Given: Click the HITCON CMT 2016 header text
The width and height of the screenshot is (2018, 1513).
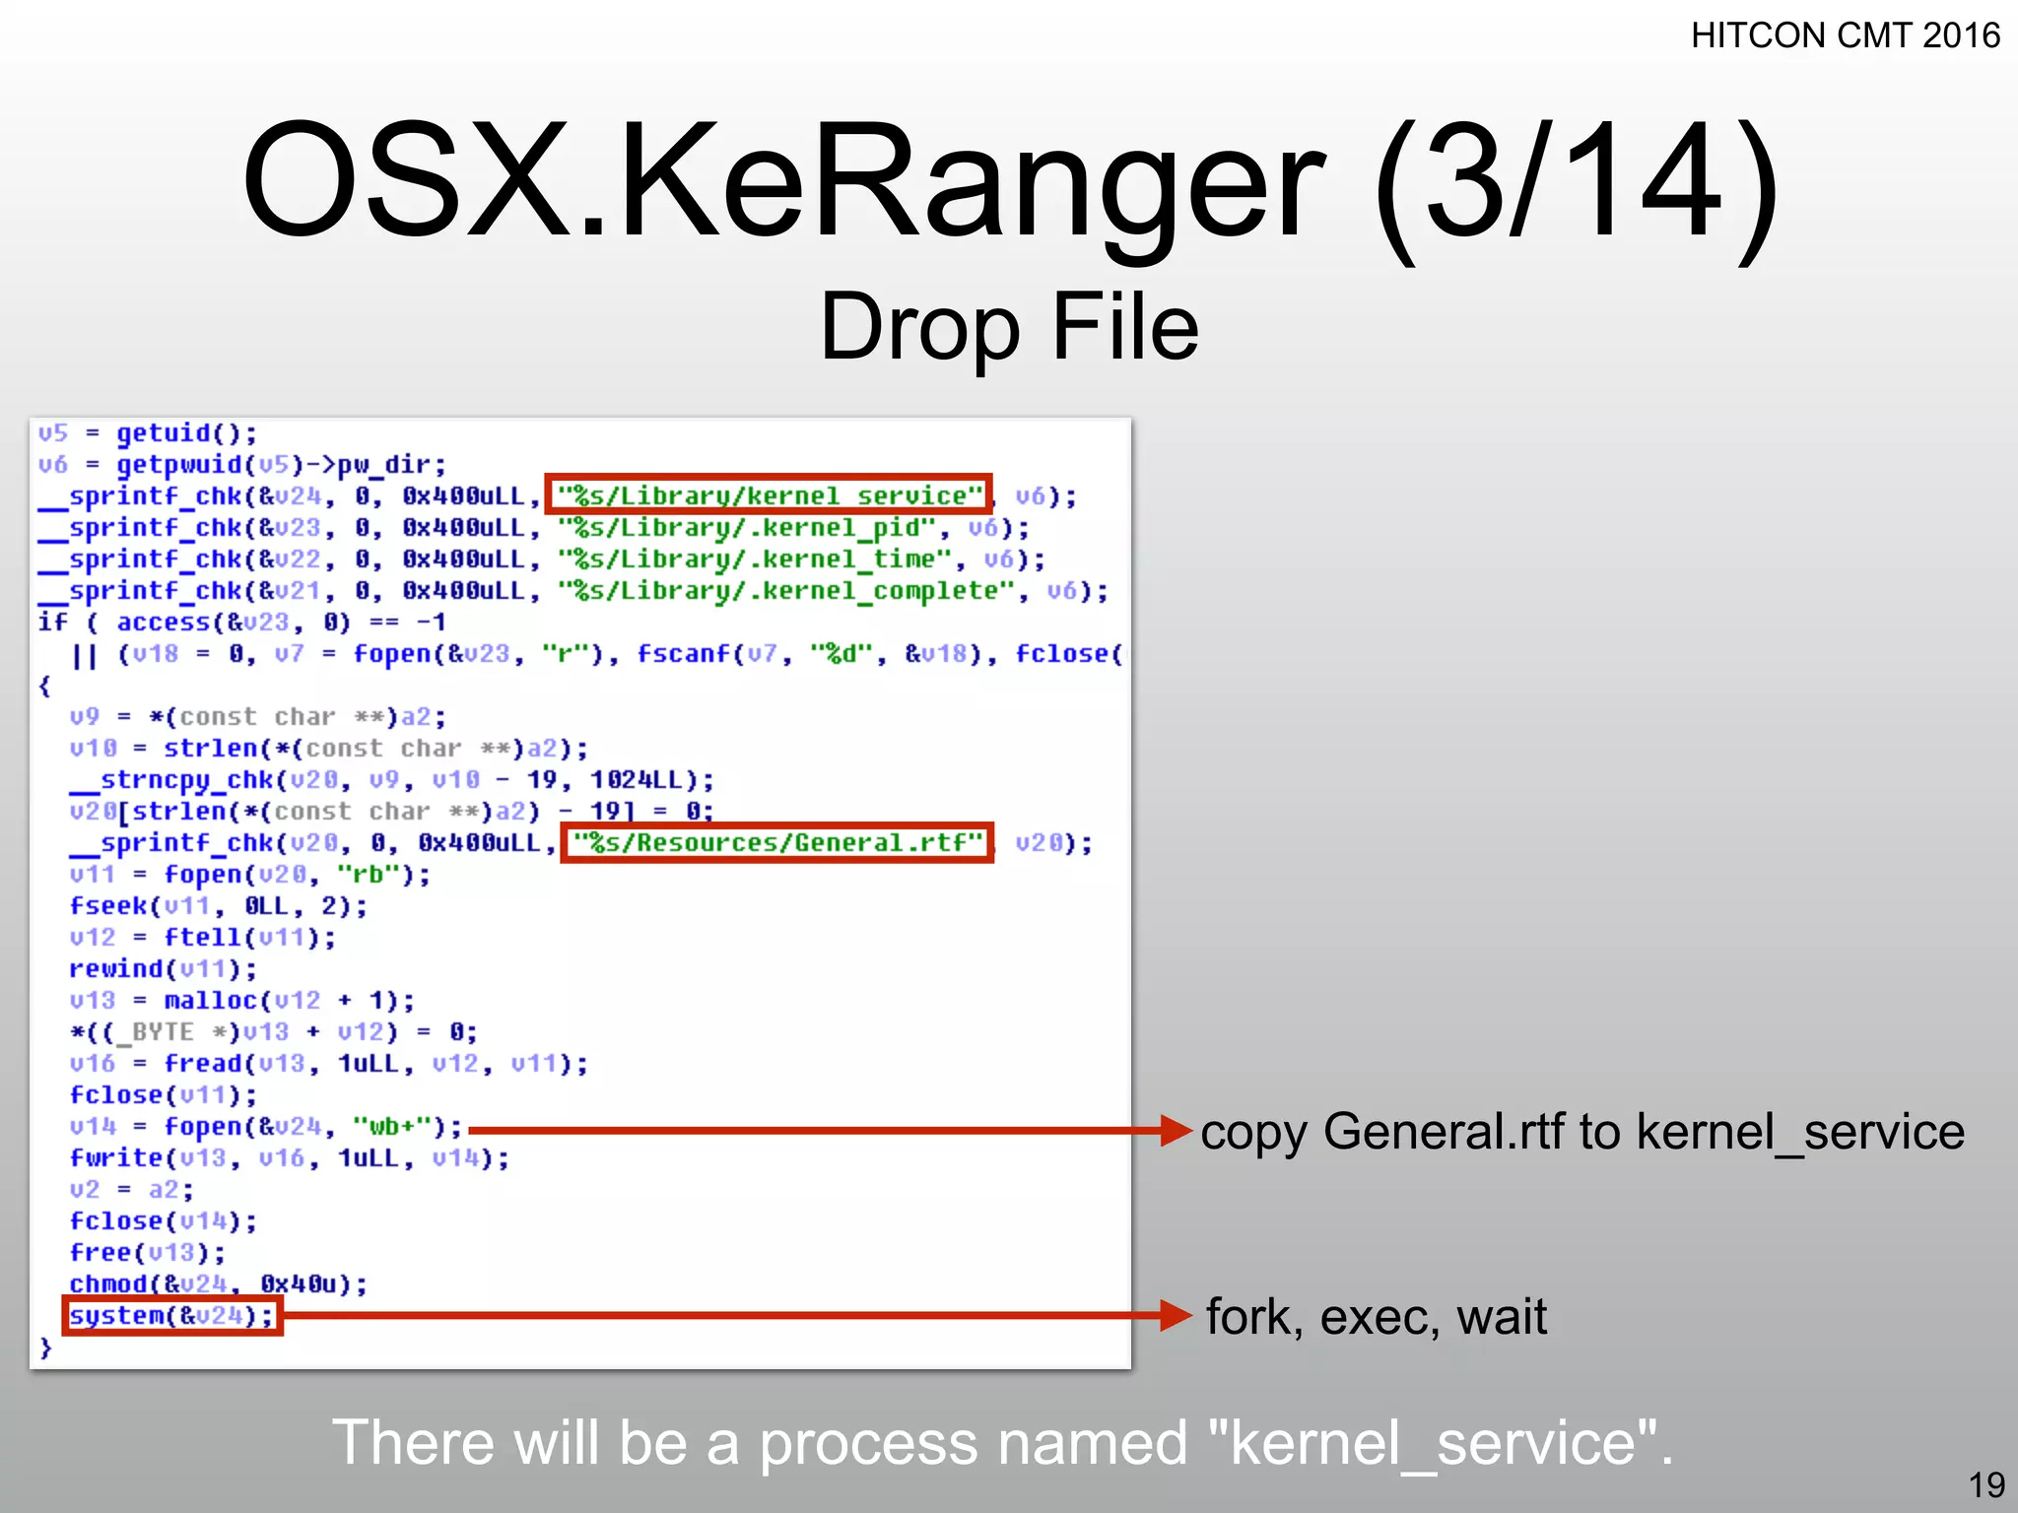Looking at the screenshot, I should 1845,35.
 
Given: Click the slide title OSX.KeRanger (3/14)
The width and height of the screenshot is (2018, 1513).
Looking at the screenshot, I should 1009,182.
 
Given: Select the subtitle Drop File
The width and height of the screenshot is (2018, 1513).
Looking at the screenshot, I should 1009,327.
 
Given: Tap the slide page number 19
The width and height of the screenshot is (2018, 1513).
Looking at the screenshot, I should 1986,1484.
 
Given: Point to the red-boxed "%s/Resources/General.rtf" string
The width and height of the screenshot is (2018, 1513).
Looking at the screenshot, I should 777,843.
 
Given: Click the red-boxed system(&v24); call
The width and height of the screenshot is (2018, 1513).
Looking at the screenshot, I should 172,1316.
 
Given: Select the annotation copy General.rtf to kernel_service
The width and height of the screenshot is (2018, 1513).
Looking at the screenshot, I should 1582,1132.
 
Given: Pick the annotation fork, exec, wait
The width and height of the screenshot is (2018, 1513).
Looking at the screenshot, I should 1377,1317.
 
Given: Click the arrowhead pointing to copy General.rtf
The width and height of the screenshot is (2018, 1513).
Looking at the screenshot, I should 1177,1131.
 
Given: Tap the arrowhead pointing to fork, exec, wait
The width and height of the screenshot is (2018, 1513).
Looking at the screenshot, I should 1177,1315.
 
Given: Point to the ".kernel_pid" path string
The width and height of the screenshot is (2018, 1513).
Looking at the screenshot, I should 746,528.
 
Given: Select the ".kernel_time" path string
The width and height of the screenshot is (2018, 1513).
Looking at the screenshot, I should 755,559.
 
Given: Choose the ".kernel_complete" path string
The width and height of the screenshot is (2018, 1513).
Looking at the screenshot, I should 785,591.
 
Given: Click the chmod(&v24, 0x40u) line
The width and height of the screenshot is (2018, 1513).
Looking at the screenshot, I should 218,1284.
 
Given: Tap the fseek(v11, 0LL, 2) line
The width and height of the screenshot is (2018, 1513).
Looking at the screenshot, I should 218,906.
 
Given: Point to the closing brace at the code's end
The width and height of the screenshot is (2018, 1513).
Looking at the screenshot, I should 45,1348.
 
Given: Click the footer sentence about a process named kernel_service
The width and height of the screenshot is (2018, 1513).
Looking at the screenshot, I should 1002,1444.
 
